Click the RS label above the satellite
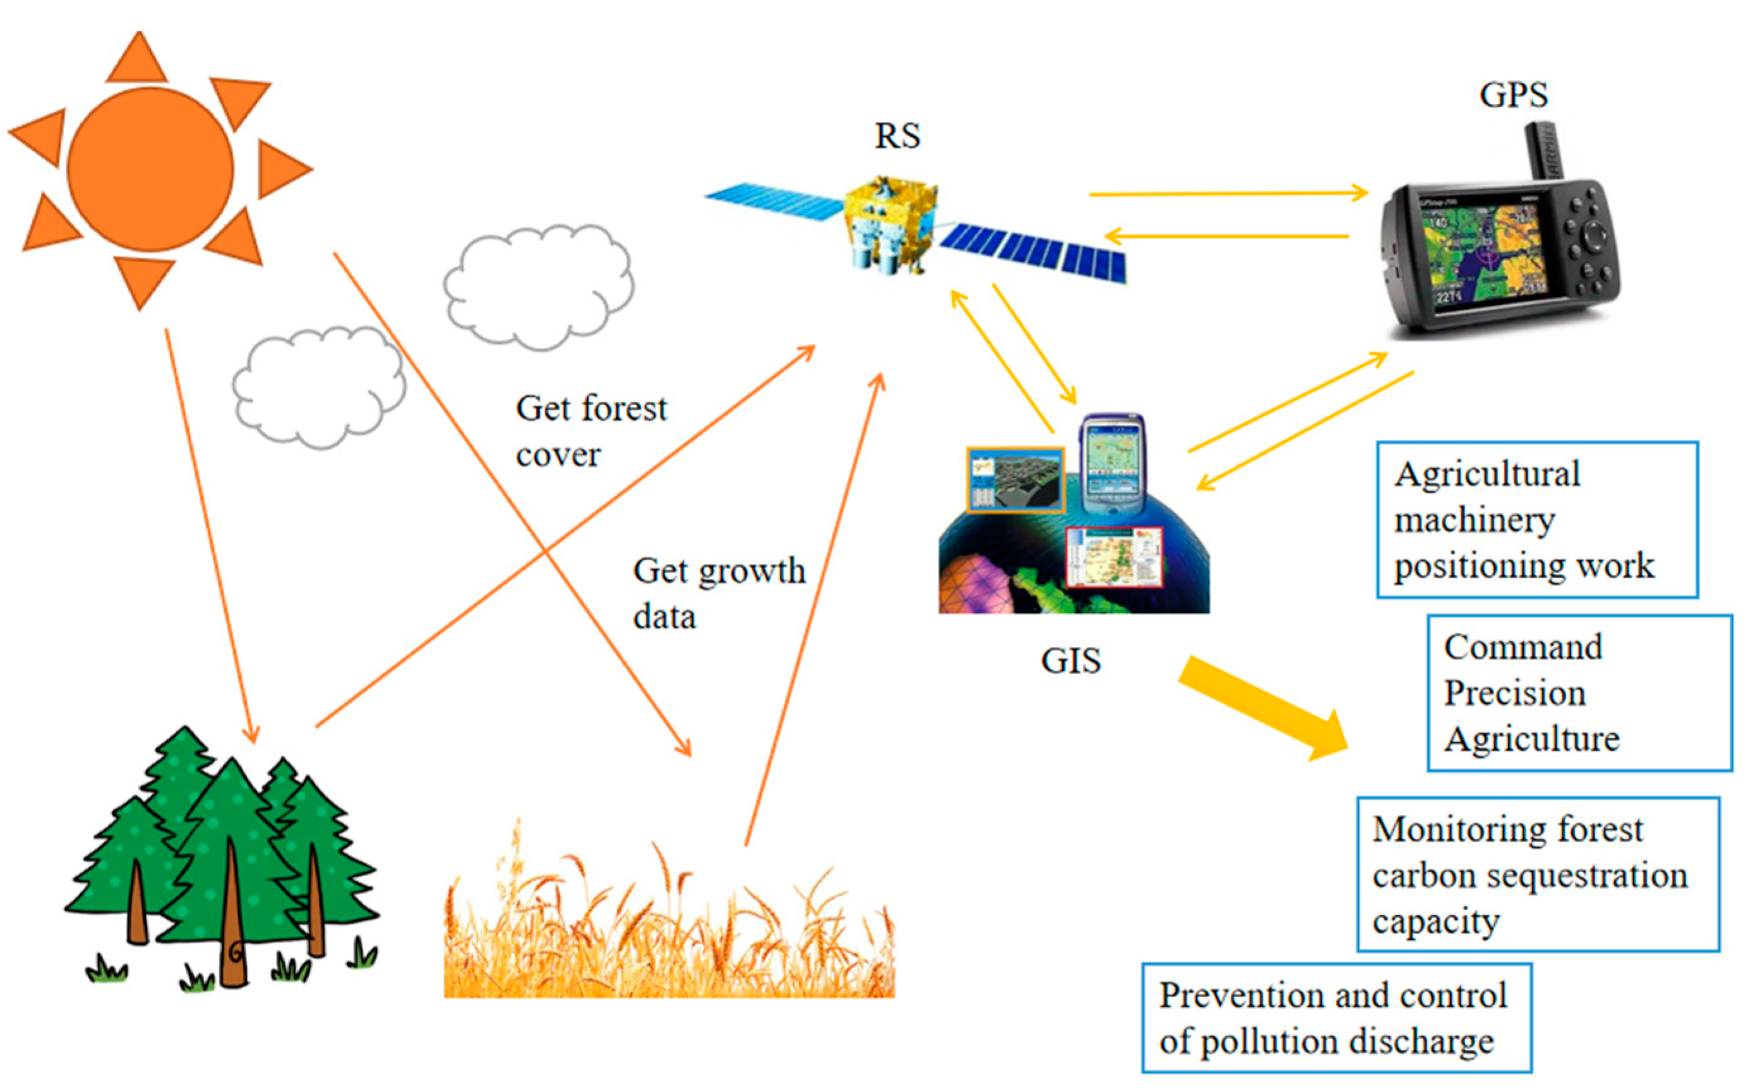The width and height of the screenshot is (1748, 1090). [x=897, y=136]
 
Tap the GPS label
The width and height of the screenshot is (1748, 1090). [x=1513, y=95]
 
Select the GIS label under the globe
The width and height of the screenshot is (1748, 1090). [x=1070, y=660]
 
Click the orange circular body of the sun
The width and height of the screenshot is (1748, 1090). [x=150, y=169]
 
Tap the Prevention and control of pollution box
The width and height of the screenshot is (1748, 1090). [x=1336, y=1018]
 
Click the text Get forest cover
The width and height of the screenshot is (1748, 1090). [x=590, y=430]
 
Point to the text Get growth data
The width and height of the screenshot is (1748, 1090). [x=718, y=593]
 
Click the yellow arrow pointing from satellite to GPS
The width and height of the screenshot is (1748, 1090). [x=1226, y=193]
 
